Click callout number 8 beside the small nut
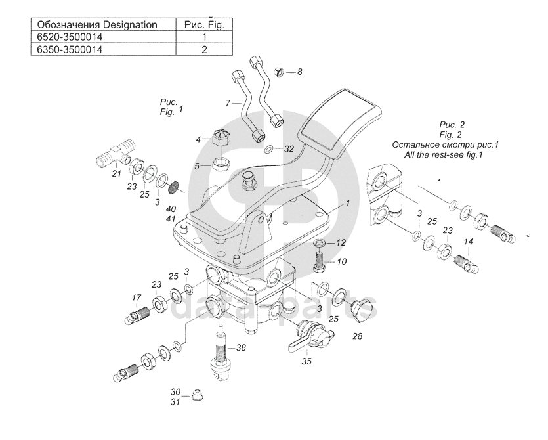(299, 71)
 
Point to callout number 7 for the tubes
(228, 103)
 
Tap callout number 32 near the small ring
(289, 149)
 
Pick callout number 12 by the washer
(341, 243)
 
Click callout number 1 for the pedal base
(348, 203)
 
